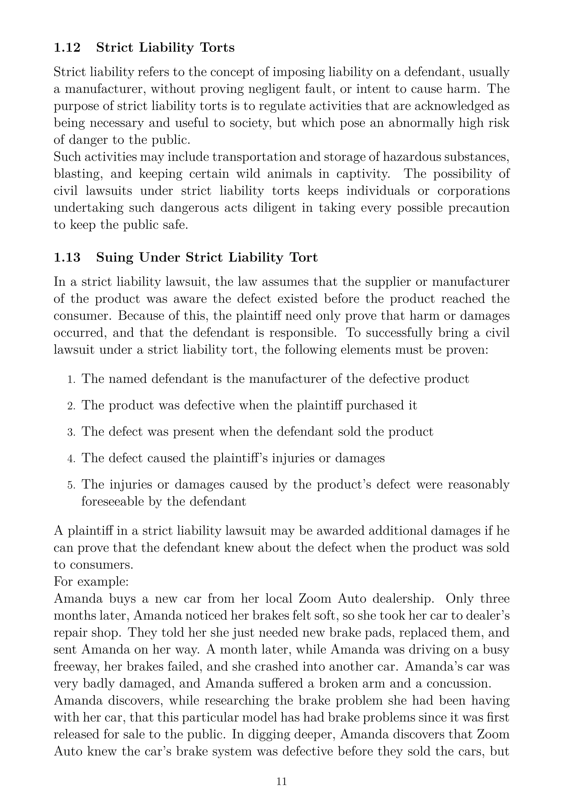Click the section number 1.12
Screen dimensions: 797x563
[67, 48]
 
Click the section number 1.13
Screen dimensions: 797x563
[67, 258]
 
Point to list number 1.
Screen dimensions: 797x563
[71, 380]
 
